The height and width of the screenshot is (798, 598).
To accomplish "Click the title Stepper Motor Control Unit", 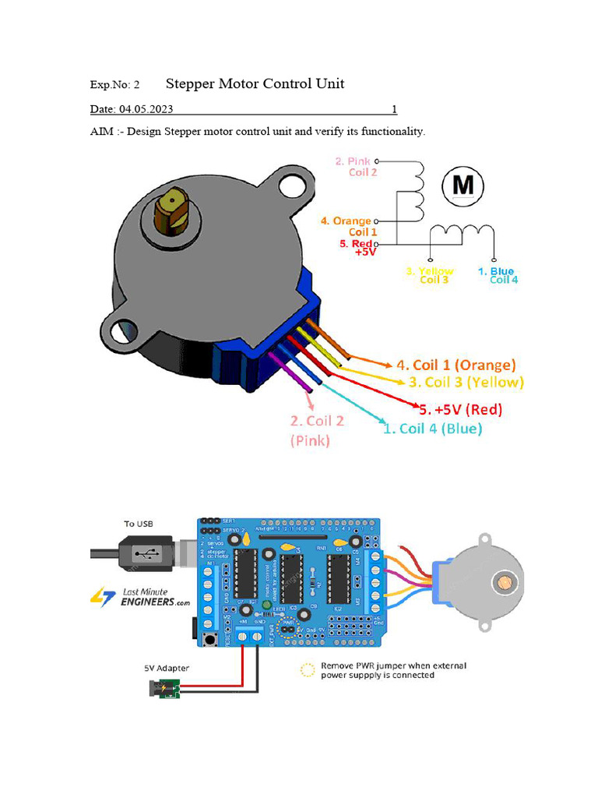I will click(x=255, y=83).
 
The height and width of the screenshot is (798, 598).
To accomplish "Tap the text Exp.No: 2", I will click(x=114, y=85).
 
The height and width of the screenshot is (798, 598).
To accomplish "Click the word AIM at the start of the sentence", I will click(x=102, y=131).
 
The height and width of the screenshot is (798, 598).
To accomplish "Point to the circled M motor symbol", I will click(x=463, y=185).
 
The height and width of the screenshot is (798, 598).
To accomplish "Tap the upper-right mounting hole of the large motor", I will click(x=293, y=185).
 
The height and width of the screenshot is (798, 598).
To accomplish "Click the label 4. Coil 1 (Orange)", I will click(x=456, y=365).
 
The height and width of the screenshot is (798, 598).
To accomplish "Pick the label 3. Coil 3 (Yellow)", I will click(x=466, y=383).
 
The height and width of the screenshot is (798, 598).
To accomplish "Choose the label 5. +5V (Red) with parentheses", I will click(x=460, y=409).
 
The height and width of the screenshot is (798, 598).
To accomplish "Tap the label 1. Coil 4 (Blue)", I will click(x=433, y=428).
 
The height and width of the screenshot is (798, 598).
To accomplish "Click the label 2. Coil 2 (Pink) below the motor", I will click(x=317, y=430).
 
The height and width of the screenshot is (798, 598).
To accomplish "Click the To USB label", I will click(x=139, y=524).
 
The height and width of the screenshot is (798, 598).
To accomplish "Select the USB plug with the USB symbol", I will click(x=144, y=554).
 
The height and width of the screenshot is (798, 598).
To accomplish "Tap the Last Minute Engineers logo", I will click(x=141, y=598).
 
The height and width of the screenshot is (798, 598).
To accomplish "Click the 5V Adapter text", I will click(x=166, y=668).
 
